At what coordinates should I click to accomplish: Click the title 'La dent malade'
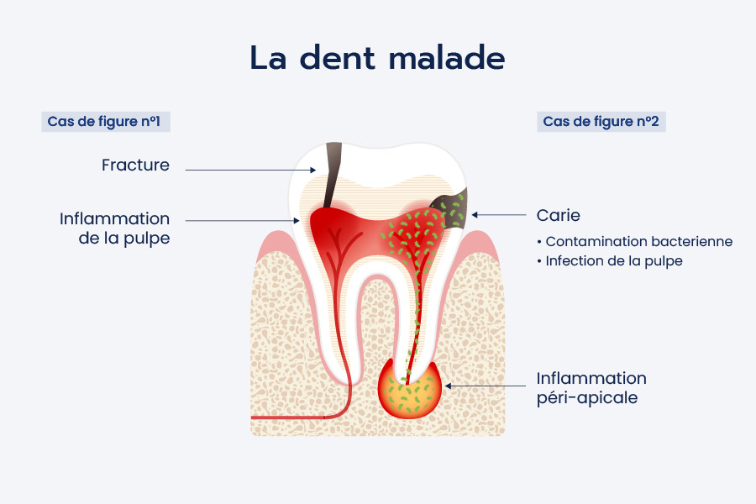point(377,58)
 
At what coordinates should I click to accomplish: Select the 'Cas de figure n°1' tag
point(106,122)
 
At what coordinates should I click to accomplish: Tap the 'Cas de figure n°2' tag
point(601,122)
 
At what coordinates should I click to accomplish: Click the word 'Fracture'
point(135,165)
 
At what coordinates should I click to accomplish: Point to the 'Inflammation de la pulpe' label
point(115,228)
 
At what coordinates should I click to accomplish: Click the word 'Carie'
point(559,215)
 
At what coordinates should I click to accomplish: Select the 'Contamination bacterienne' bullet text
point(636,241)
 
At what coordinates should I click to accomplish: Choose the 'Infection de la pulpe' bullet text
point(611,261)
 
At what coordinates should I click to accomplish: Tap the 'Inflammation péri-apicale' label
point(591,388)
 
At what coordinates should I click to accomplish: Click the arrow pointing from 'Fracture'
point(250,170)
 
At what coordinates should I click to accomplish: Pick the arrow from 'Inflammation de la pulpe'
point(243,220)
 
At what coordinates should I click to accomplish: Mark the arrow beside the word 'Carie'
point(499,215)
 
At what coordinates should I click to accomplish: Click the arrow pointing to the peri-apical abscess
point(486,386)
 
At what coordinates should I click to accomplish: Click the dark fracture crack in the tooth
point(332,175)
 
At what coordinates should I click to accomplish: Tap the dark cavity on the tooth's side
point(450,208)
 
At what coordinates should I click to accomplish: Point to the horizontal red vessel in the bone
point(294,417)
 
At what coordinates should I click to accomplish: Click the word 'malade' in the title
point(447,58)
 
